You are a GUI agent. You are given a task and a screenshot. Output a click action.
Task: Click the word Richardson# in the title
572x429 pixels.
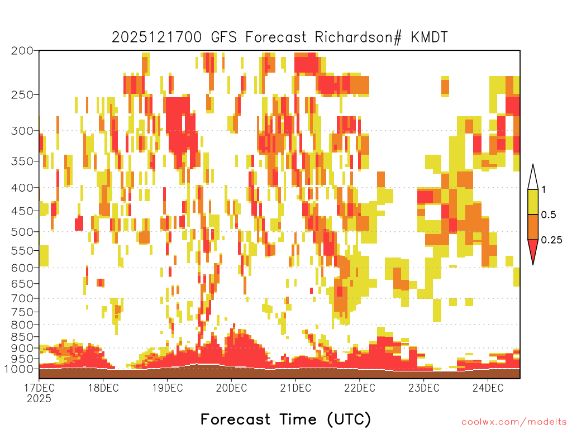[358, 37]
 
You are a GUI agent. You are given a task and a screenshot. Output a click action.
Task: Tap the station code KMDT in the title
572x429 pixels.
[429, 37]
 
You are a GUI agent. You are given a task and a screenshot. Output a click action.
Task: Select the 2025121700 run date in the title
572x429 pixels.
[156, 37]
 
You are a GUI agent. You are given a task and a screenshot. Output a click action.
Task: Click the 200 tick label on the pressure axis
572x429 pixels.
[22, 51]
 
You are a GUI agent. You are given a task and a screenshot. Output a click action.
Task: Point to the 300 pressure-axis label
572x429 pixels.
[22, 131]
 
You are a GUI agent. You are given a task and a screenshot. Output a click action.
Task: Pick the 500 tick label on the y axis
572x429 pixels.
[22, 232]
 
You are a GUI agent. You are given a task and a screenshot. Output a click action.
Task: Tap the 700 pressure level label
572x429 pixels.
[22, 298]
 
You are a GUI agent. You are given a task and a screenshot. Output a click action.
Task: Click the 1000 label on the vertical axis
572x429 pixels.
[19, 369]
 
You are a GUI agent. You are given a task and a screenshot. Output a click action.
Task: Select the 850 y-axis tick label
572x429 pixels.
[22, 337]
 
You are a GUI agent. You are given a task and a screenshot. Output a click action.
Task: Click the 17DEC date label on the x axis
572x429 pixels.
[40, 388]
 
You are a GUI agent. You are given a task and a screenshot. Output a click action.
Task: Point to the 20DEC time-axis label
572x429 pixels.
[231, 388]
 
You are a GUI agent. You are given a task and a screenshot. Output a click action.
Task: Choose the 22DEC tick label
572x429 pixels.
[360, 388]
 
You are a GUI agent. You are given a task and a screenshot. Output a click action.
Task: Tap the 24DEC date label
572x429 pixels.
[488, 388]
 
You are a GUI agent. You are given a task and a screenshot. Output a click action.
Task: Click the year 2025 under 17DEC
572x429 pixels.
[39, 398]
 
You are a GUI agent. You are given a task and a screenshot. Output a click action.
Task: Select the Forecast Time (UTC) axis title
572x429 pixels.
[285, 419]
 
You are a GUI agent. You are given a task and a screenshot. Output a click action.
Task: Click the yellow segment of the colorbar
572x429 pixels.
[533, 202]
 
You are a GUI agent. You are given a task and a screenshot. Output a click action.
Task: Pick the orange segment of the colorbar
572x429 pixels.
[533, 227]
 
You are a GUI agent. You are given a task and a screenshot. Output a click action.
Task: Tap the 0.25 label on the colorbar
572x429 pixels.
[551, 240]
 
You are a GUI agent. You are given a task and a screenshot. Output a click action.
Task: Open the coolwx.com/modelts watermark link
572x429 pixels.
[514, 422]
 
